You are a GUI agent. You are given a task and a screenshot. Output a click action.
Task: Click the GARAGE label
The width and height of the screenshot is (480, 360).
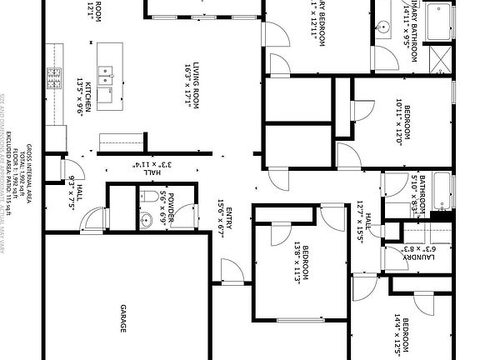(x=122, y=317)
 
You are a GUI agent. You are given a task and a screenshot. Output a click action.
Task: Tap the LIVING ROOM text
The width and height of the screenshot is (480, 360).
(x=197, y=83)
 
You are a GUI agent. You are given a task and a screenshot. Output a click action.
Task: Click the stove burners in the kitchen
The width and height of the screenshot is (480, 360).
(x=55, y=79)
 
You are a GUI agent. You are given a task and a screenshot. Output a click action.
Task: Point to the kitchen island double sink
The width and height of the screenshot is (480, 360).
(x=105, y=77)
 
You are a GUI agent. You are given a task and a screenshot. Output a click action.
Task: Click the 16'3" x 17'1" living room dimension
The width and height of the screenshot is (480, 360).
(x=187, y=84)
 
